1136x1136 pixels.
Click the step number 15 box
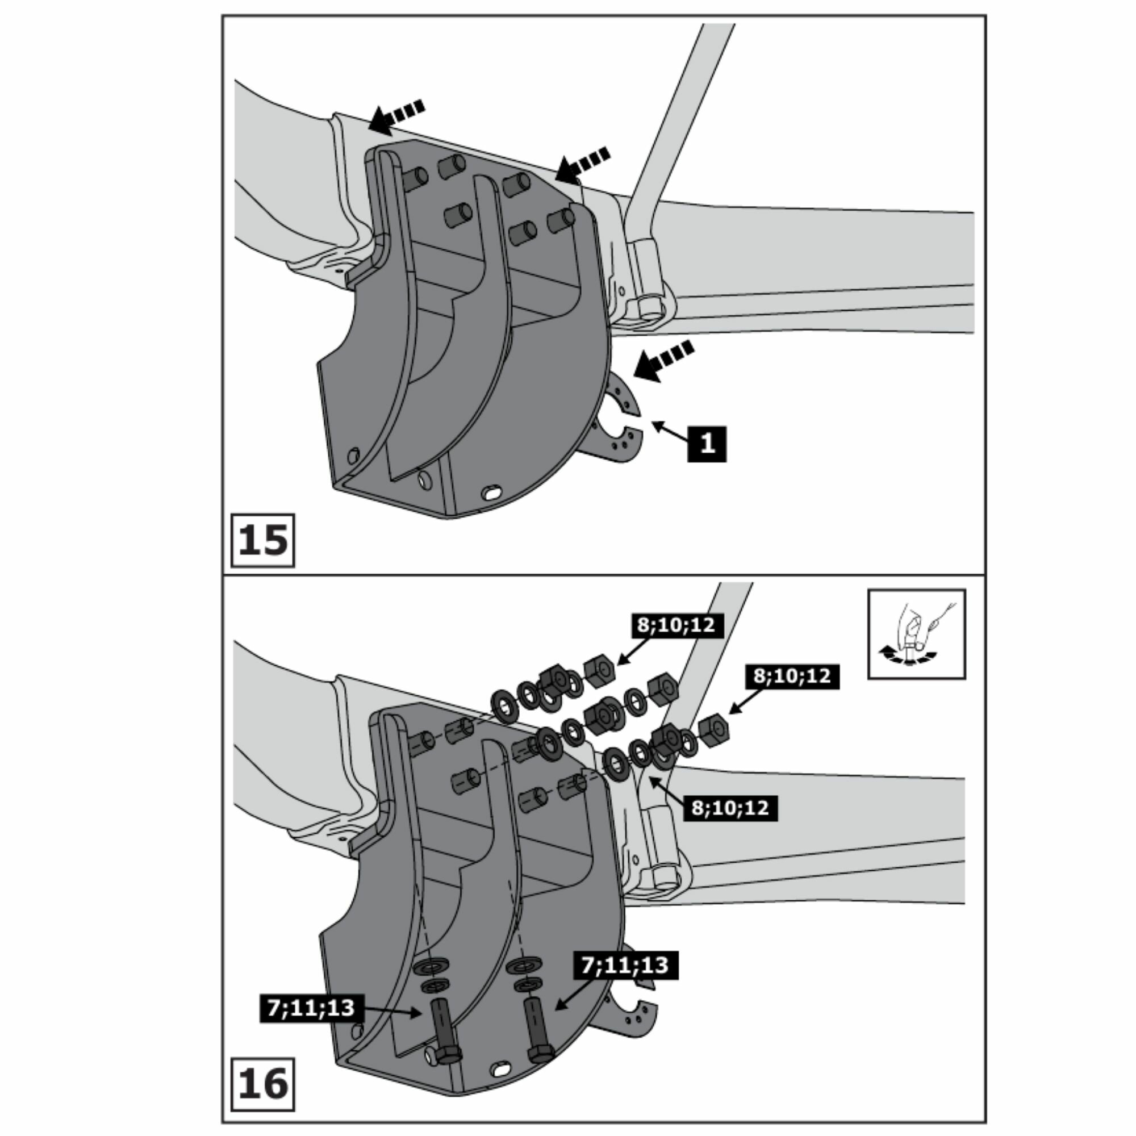point(262,540)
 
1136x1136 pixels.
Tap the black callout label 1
point(707,444)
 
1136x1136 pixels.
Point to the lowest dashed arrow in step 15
point(663,360)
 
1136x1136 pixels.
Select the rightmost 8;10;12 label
point(791,676)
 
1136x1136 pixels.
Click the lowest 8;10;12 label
point(730,808)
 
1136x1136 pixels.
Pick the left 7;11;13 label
point(311,1008)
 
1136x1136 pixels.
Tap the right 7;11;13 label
point(625,965)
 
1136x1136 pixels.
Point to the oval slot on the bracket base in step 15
point(491,491)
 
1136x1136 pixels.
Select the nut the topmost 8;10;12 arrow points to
point(599,670)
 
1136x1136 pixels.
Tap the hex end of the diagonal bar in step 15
point(649,306)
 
